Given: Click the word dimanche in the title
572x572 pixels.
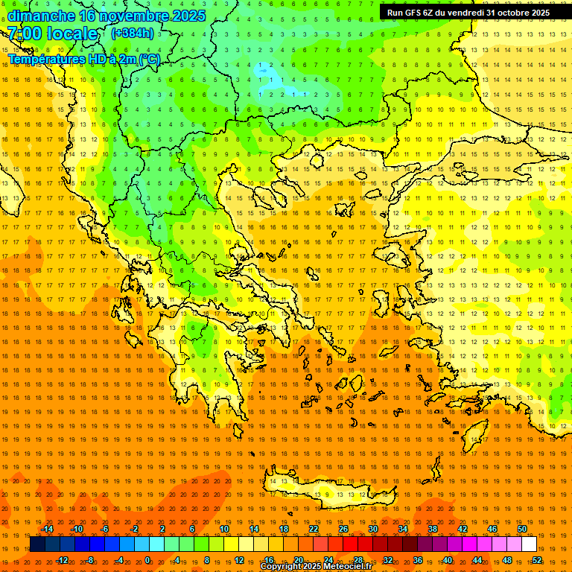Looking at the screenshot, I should (x=41, y=16).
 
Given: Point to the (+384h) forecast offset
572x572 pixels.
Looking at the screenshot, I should (x=133, y=34).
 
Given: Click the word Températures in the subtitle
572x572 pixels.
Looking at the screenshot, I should (x=45, y=59).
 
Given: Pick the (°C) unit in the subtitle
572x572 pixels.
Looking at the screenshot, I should (x=149, y=59).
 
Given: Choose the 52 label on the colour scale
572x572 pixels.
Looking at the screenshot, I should (x=537, y=560).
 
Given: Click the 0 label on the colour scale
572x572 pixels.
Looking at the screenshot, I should (x=147, y=560).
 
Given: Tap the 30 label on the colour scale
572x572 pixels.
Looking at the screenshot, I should (x=372, y=529).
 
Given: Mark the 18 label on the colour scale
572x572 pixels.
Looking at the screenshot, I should (x=284, y=529).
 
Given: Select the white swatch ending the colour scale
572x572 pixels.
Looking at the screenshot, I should (x=529, y=544).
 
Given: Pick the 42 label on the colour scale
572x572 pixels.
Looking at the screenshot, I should (x=463, y=529).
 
